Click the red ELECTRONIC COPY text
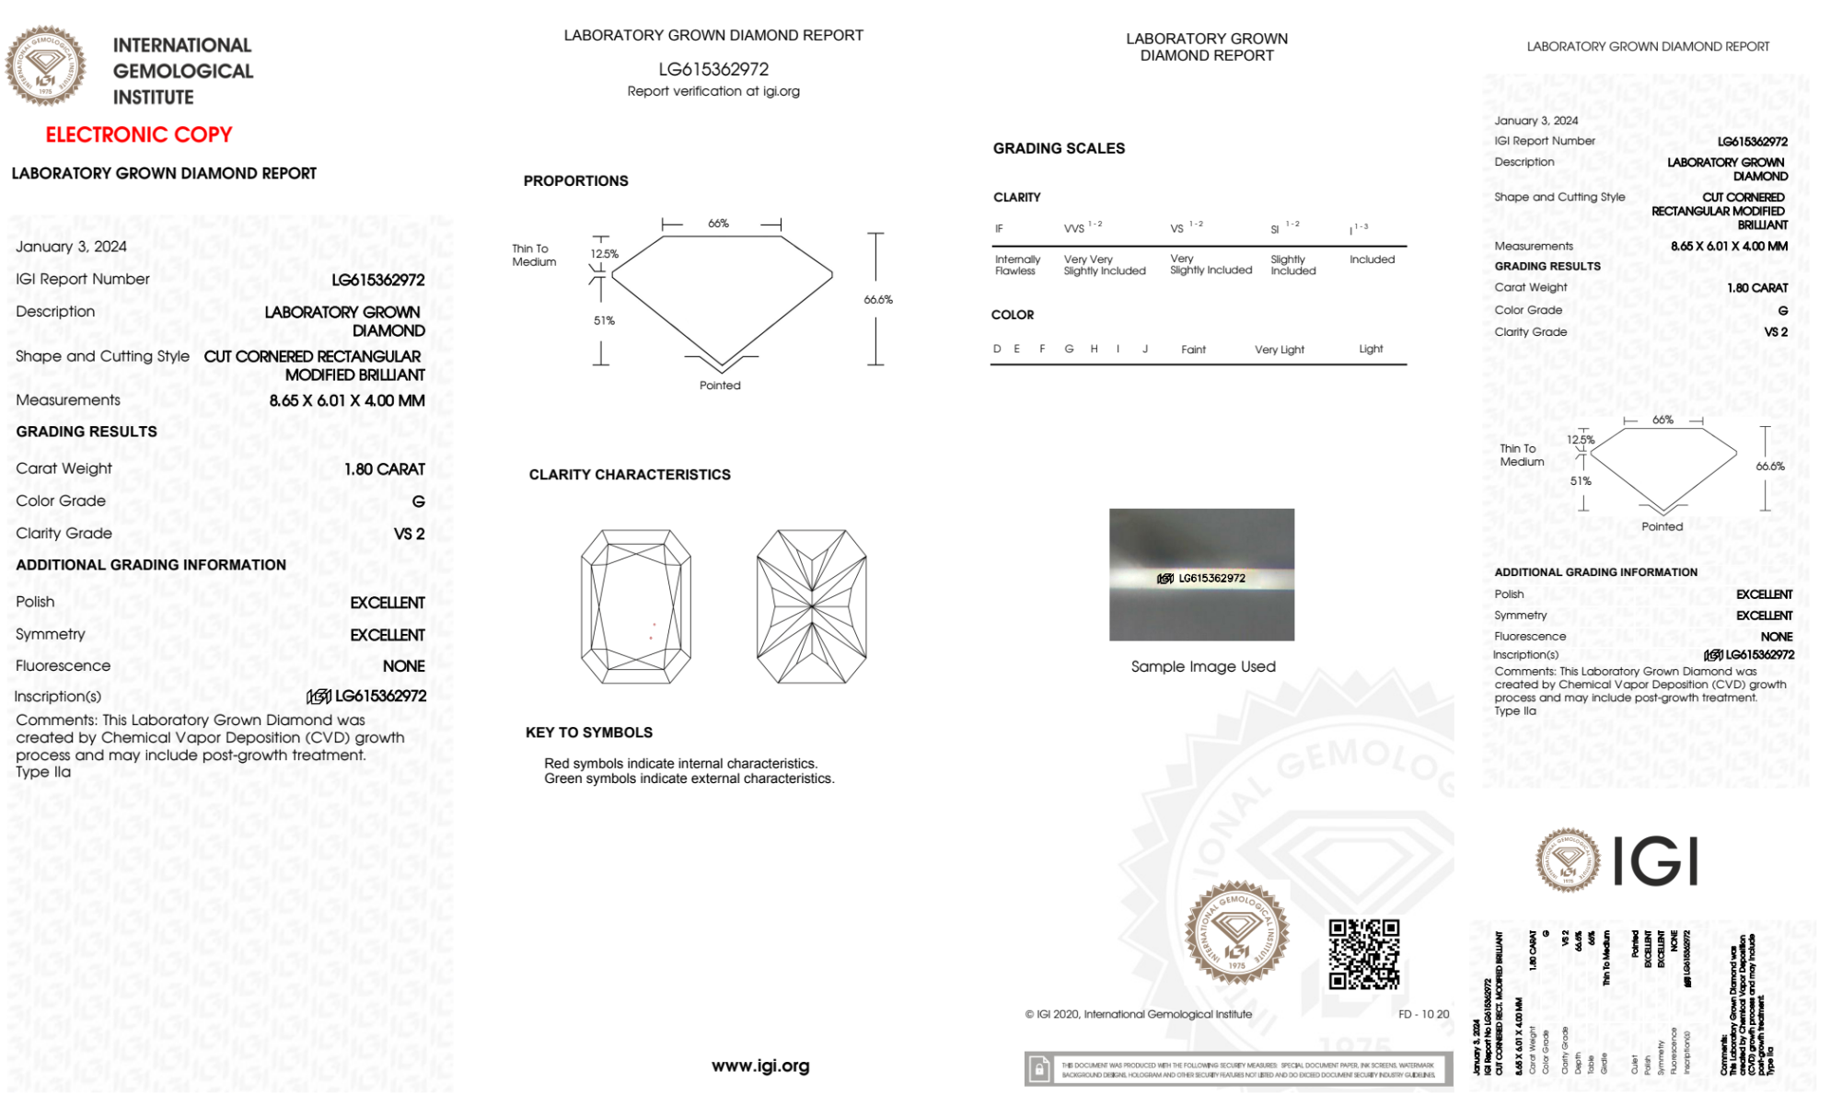(x=139, y=135)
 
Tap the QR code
(x=1364, y=954)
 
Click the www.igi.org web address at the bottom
(x=760, y=1066)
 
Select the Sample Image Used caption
(x=1203, y=666)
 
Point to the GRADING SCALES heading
(x=1059, y=148)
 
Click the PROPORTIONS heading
(x=575, y=181)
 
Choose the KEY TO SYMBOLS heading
(x=589, y=732)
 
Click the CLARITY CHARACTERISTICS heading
(x=630, y=475)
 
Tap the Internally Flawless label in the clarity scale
(x=1017, y=265)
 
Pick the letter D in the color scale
(x=997, y=349)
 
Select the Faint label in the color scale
(x=1193, y=350)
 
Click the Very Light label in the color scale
(x=1279, y=350)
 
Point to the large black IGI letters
(x=1656, y=862)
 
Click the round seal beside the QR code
(x=1236, y=933)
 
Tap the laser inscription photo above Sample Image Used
(x=1201, y=574)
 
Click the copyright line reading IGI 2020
(x=1139, y=1014)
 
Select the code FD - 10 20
(x=1423, y=1014)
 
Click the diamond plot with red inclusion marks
(x=635, y=606)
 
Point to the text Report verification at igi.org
(x=713, y=91)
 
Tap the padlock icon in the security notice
(x=1039, y=1069)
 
